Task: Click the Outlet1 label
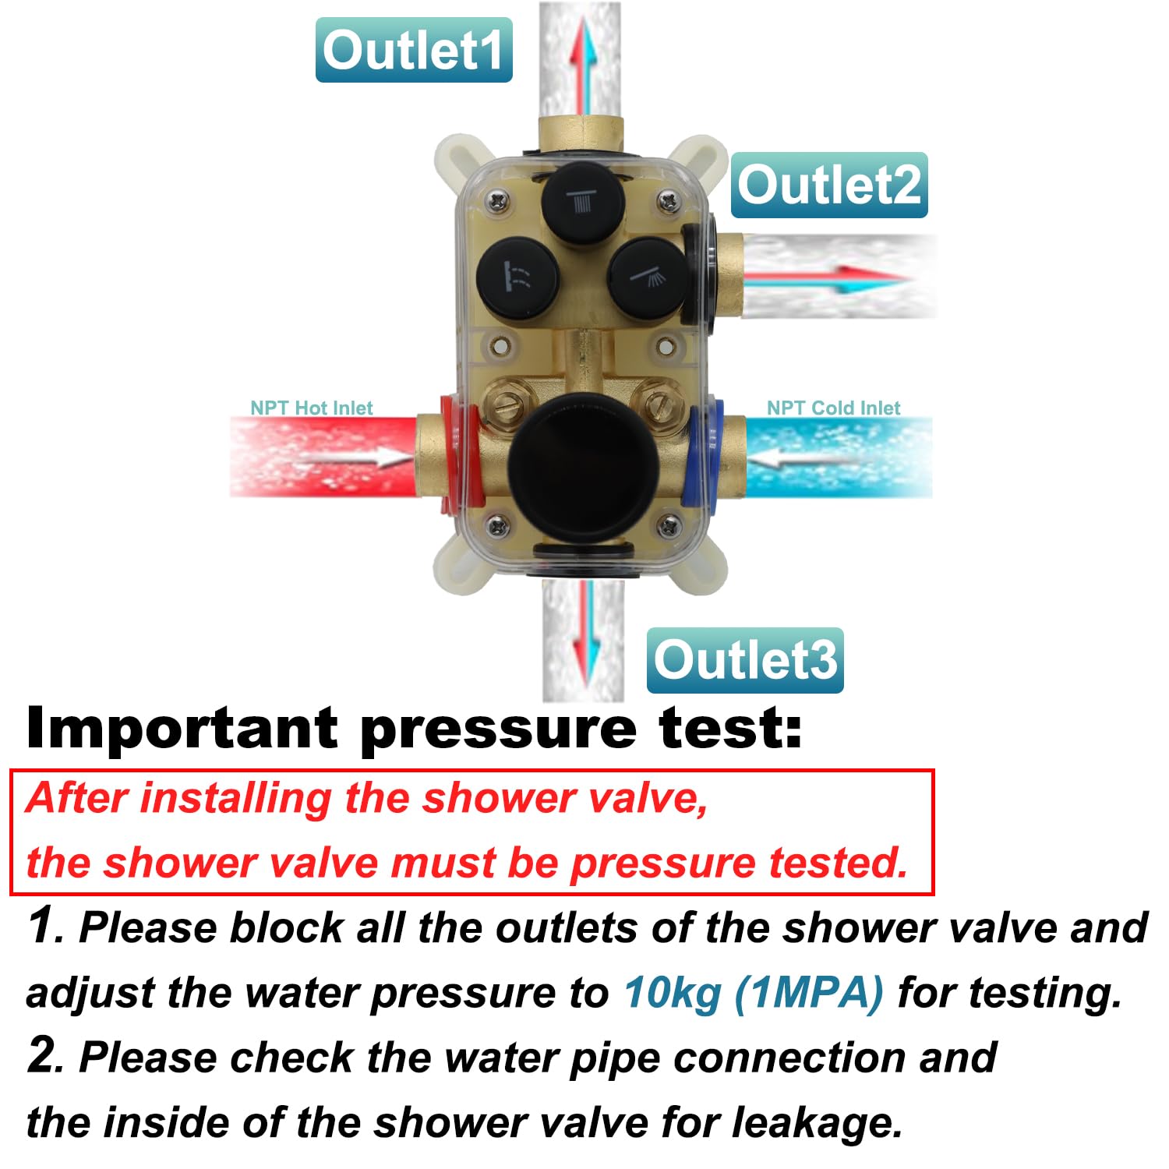tap(414, 50)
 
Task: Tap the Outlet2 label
tap(829, 185)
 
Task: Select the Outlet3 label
tap(745, 660)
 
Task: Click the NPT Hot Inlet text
tap(312, 408)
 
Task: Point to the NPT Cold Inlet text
tap(833, 408)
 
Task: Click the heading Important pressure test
tap(414, 729)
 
